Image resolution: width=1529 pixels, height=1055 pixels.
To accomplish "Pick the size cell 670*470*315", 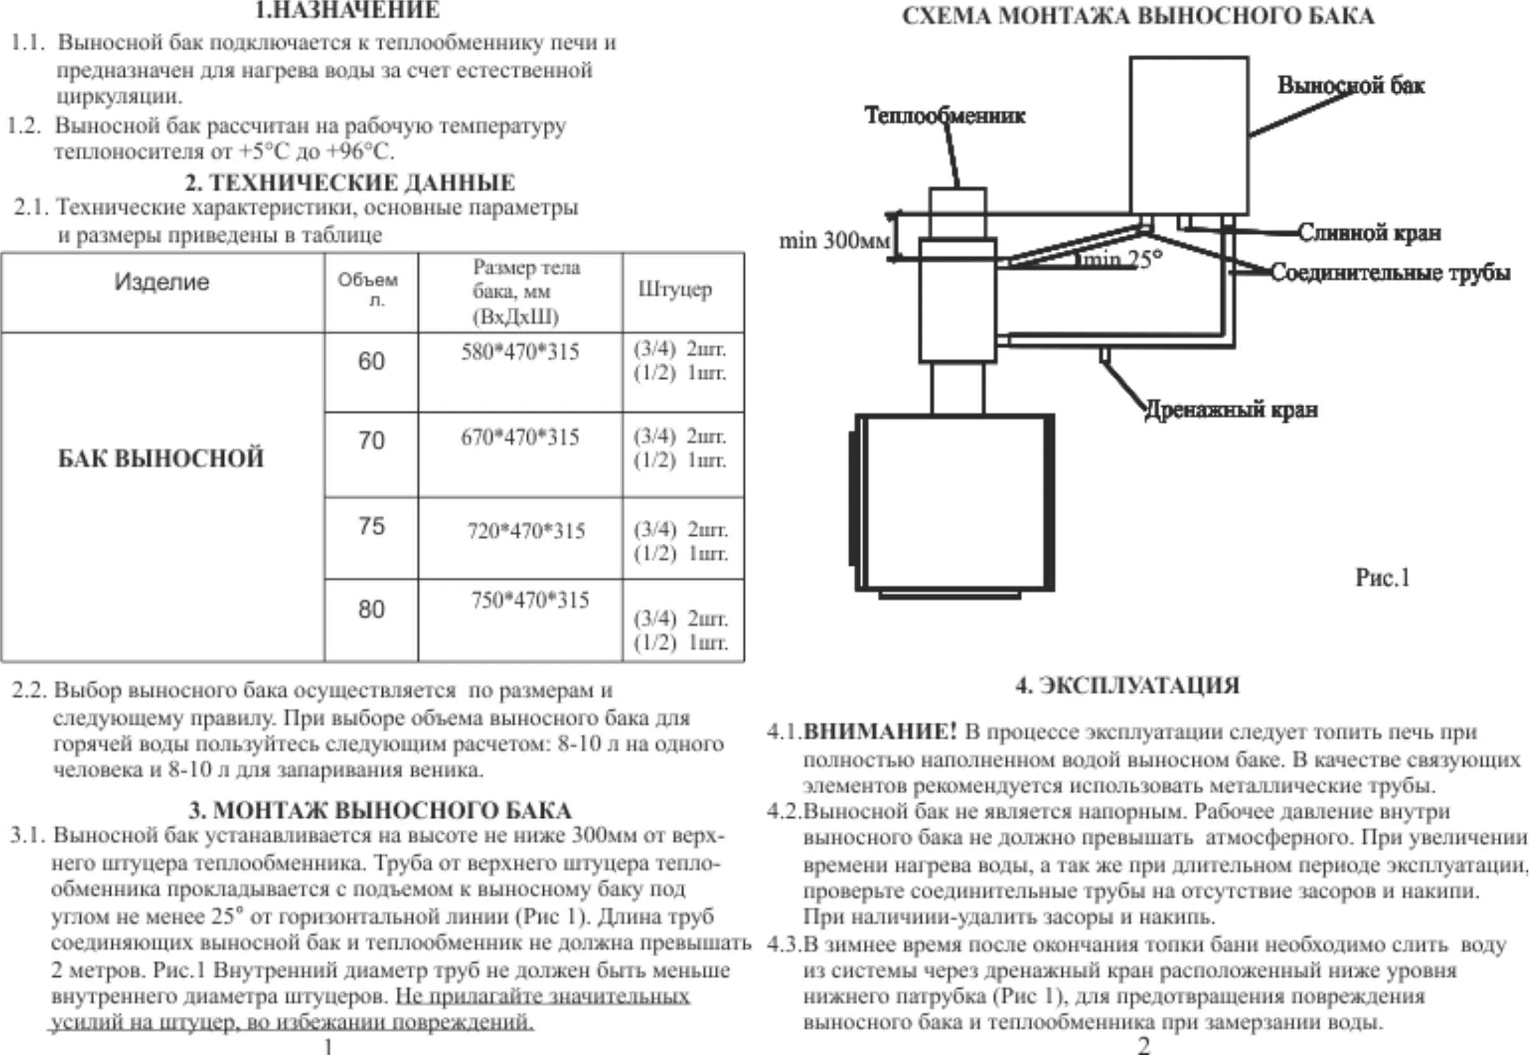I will click(520, 438).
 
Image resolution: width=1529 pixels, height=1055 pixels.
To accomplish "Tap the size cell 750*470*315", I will click(530, 600).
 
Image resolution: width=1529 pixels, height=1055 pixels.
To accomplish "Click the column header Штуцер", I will click(675, 290).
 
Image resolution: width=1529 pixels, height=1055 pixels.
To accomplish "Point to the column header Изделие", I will click(162, 282).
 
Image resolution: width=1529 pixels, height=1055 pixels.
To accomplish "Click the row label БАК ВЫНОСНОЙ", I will click(161, 458).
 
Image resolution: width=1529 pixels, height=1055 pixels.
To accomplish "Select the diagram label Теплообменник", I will click(944, 116).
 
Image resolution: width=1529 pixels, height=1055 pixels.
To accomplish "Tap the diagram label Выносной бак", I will click(1350, 85).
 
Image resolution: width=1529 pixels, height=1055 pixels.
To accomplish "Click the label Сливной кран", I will click(1369, 233).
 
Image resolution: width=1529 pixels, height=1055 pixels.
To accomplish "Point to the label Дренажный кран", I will click(1231, 410).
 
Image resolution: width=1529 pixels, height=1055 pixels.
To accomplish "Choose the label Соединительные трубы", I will click(1390, 273).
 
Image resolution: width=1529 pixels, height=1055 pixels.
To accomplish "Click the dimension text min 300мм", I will click(834, 241).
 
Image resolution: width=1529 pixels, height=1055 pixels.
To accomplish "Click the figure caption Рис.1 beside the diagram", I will click(1383, 578).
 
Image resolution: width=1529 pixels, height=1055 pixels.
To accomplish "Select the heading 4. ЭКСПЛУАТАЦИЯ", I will click(1127, 686).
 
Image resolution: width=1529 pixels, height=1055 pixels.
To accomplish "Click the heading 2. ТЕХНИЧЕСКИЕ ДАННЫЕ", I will click(350, 182).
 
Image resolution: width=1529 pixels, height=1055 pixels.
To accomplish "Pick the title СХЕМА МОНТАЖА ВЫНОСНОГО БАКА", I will click(1138, 16).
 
